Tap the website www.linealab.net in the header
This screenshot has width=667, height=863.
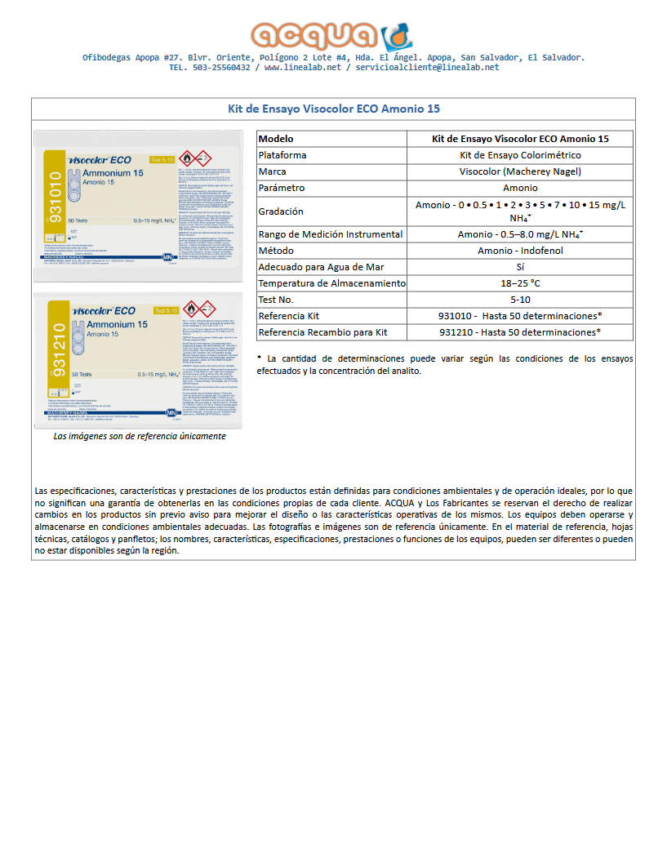(x=302, y=68)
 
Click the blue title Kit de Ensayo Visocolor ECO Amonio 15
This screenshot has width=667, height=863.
(x=333, y=109)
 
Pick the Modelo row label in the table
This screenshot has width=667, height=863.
(x=276, y=139)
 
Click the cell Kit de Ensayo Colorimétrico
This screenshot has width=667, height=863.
(x=520, y=155)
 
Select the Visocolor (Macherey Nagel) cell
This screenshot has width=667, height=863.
(x=520, y=171)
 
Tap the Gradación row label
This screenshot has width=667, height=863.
(x=281, y=211)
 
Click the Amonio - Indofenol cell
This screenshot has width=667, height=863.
(x=520, y=251)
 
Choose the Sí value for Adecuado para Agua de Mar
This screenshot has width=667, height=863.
(x=520, y=267)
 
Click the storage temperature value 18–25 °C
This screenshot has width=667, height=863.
(x=520, y=283)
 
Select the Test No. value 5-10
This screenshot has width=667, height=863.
(x=520, y=300)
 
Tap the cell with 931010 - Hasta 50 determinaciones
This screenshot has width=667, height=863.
(x=520, y=316)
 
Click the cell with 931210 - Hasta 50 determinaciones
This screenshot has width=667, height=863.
(x=520, y=332)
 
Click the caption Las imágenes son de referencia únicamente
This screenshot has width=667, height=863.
(x=140, y=436)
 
